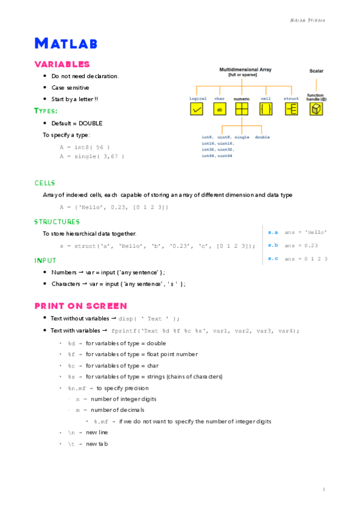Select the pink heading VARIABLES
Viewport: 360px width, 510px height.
click(x=62, y=64)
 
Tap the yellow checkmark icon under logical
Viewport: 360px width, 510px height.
click(x=197, y=109)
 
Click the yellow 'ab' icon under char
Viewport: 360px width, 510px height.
click(x=220, y=109)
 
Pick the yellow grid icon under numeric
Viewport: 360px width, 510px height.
click(x=242, y=109)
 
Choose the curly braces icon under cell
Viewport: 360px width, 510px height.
click(x=266, y=109)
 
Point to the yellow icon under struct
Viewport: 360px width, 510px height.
click(x=291, y=109)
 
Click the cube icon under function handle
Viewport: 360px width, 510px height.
click(x=316, y=109)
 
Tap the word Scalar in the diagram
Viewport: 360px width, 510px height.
click(x=316, y=71)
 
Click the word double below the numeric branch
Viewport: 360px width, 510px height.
click(x=262, y=137)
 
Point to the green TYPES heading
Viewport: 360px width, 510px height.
click(x=46, y=111)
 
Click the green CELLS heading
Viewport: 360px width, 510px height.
click(x=44, y=183)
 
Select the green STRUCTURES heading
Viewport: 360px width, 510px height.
click(x=56, y=222)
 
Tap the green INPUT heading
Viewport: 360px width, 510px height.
click(x=45, y=260)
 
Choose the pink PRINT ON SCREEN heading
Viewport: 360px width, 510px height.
click(x=81, y=306)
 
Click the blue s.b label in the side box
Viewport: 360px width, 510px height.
click(x=273, y=245)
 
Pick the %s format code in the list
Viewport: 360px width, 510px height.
click(x=71, y=377)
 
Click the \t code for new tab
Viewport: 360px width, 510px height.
click(x=71, y=444)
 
